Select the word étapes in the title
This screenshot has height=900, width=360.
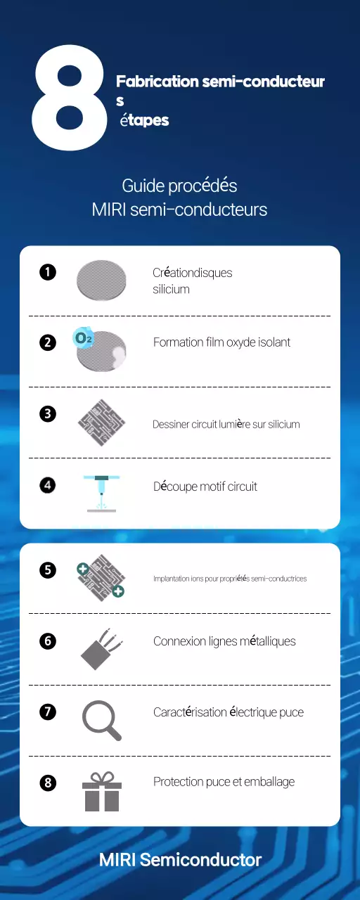(x=144, y=121)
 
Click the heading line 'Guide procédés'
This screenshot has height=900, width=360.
(x=179, y=186)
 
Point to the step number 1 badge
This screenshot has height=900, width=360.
(x=48, y=272)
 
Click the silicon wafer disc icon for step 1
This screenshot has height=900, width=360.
(x=101, y=279)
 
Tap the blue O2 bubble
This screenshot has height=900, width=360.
(x=83, y=338)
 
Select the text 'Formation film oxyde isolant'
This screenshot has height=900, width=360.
(x=221, y=342)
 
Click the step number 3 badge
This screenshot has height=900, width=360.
(x=48, y=414)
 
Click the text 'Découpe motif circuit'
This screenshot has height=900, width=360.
(x=205, y=487)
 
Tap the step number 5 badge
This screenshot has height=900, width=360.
(x=48, y=570)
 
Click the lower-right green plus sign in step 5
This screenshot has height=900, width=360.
(x=118, y=591)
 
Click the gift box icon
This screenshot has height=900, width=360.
(x=102, y=792)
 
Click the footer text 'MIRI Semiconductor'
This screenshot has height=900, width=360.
(x=180, y=860)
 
